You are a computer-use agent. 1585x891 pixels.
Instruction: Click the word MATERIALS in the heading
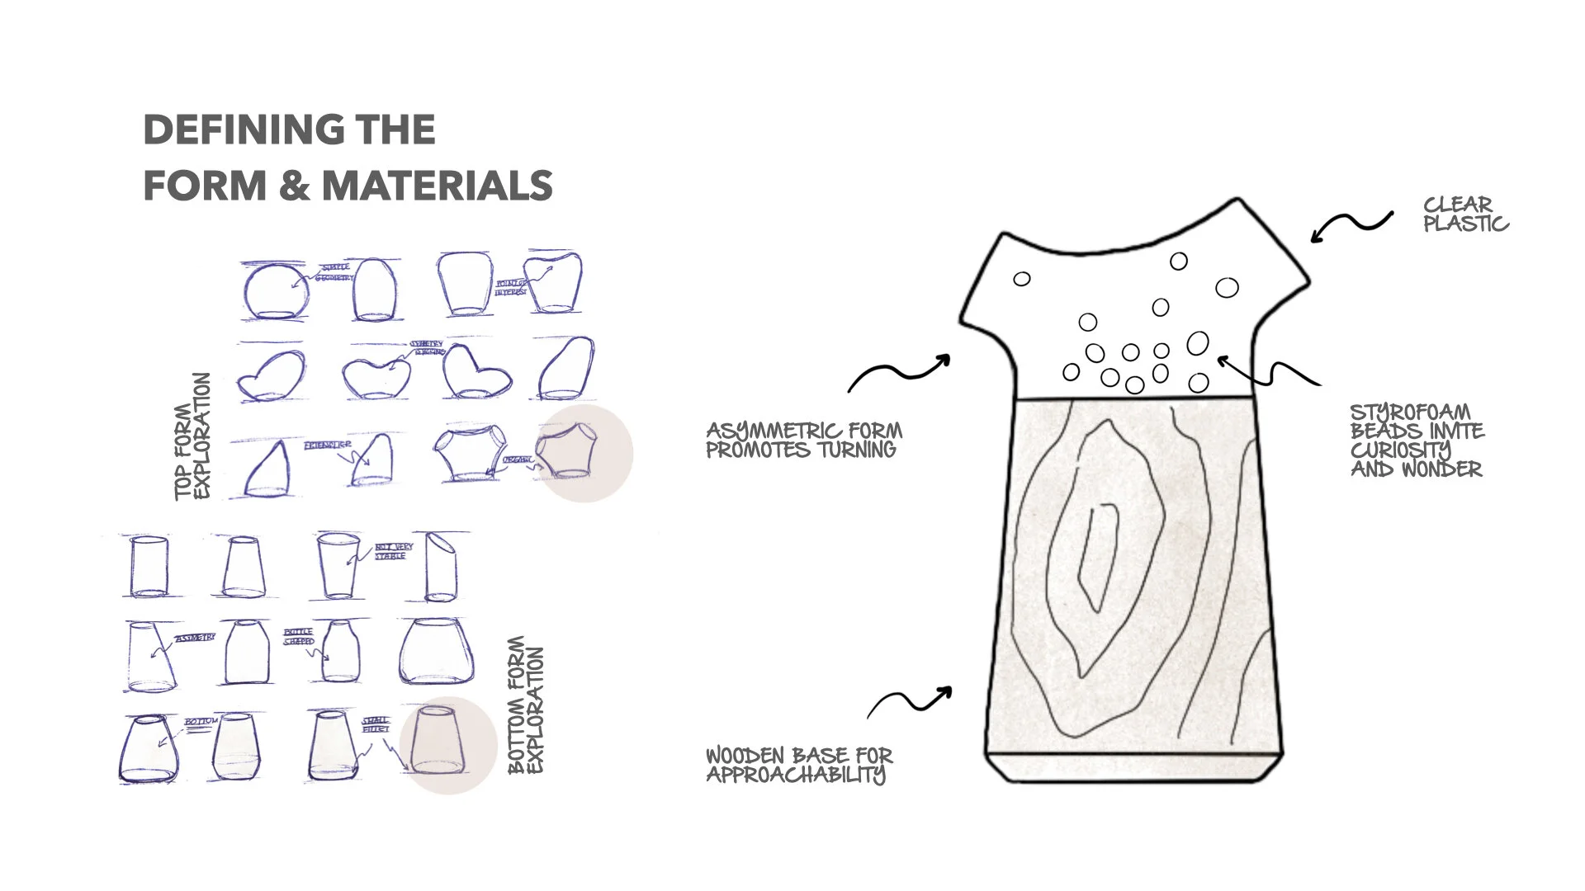437,186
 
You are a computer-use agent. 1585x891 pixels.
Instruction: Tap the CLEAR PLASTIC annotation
1465,214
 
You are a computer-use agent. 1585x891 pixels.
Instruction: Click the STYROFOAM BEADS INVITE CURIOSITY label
1417,441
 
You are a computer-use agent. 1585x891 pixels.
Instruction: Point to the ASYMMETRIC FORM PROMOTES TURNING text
803,441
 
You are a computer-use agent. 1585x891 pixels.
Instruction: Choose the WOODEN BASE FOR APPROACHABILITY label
798,765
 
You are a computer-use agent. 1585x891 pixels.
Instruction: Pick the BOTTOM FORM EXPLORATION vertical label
526,705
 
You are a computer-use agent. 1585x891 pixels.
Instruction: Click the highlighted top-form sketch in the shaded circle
565,452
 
